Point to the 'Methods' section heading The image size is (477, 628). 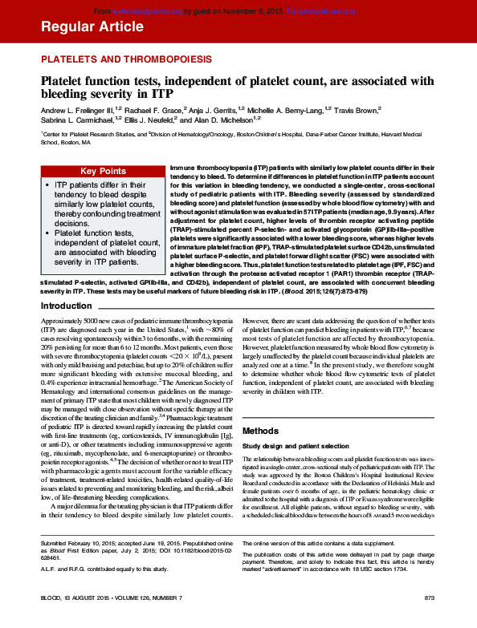point(260,430)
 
